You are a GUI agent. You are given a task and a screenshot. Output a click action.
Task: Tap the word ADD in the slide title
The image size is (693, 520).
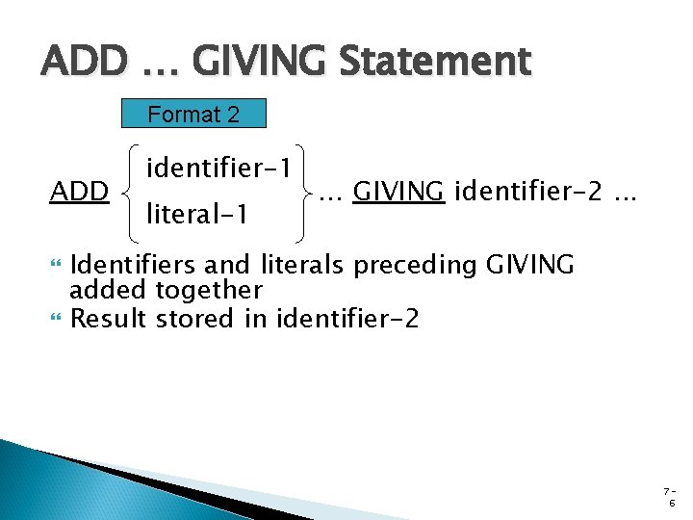pyautogui.click(x=84, y=63)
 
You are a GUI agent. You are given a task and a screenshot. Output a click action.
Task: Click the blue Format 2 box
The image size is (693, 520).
pyautogui.click(x=193, y=114)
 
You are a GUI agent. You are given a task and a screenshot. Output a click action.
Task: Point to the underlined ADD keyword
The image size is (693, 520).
pyautogui.click(x=79, y=192)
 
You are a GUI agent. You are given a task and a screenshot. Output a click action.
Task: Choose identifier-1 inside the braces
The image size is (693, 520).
pyautogui.click(x=218, y=169)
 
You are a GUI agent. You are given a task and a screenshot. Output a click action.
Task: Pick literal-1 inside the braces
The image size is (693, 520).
pyautogui.click(x=198, y=214)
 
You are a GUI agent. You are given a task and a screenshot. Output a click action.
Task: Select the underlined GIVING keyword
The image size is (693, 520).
pyautogui.click(x=398, y=192)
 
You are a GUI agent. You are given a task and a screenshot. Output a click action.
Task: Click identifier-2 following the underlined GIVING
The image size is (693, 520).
pyautogui.click(x=528, y=192)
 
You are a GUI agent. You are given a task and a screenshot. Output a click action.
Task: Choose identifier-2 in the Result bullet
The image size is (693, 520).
pyautogui.click(x=347, y=318)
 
